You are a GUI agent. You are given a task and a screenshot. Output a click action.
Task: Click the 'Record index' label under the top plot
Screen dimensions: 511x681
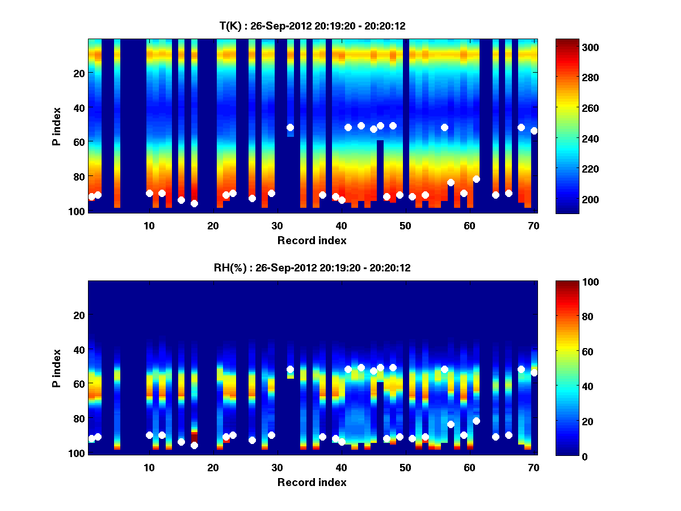pyautogui.click(x=312, y=240)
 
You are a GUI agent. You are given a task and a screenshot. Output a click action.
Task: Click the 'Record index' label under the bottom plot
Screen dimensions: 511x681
pyautogui.click(x=312, y=482)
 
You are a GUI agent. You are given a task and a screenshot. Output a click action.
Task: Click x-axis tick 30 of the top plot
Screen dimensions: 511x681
pyautogui.click(x=278, y=225)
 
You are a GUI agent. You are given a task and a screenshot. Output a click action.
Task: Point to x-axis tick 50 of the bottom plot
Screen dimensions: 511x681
pyautogui.click(x=405, y=467)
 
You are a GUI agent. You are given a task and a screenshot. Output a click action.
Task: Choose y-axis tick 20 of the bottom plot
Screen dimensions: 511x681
pyautogui.click(x=79, y=315)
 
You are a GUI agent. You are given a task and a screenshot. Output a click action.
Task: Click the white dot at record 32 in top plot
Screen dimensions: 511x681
pyautogui.click(x=290, y=128)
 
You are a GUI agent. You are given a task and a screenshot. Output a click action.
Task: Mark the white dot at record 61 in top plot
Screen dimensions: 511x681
pyautogui.click(x=476, y=179)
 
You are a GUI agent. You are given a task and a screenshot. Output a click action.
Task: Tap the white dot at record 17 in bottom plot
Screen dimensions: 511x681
pyautogui.click(x=194, y=446)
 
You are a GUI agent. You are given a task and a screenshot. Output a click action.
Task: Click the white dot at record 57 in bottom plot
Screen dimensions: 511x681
pyautogui.click(x=451, y=424)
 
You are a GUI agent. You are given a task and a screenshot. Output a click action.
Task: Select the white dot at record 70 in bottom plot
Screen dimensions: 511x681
pyautogui.click(x=534, y=373)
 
